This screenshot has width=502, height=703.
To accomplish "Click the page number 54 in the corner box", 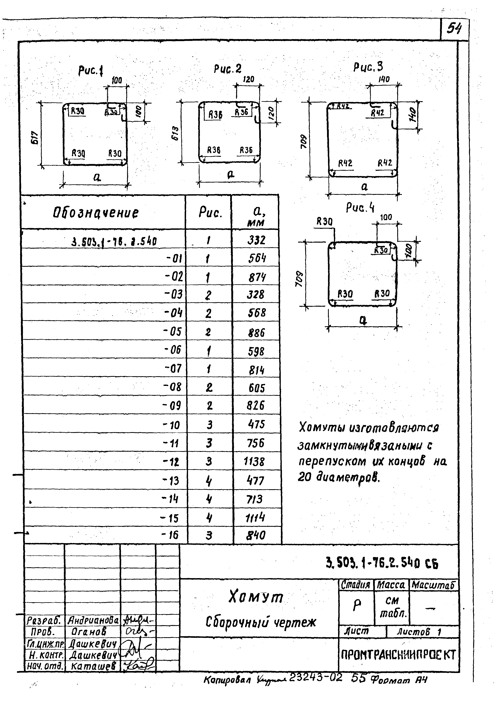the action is (x=454, y=29).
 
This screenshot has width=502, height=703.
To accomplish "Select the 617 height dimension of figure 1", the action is (x=35, y=138).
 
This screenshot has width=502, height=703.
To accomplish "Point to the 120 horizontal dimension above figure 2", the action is (x=248, y=79).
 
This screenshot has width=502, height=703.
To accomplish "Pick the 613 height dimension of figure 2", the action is (x=175, y=133).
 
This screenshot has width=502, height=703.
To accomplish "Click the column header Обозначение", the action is (x=96, y=213).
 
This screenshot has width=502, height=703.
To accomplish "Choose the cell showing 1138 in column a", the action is (x=254, y=462).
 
